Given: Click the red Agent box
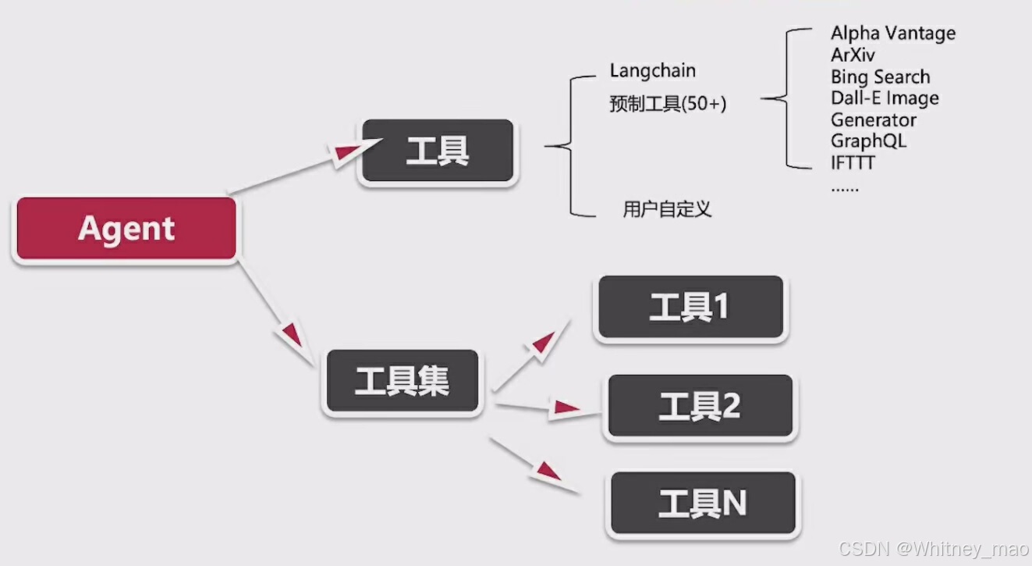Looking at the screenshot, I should pyautogui.click(x=126, y=229).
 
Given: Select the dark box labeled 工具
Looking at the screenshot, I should pyautogui.click(x=437, y=151).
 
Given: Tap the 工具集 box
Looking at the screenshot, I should pyautogui.click(x=402, y=382).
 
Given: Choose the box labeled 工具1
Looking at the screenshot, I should pyautogui.click(x=690, y=308).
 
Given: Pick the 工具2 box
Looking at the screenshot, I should pyautogui.click(x=699, y=406).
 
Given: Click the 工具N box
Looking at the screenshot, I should pyautogui.click(x=702, y=504).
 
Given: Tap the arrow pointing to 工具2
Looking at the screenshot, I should pyautogui.click(x=538, y=407).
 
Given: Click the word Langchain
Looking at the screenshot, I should pyautogui.click(x=652, y=71).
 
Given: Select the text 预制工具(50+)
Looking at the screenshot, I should pyautogui.click(x=668, y=104).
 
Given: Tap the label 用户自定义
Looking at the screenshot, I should pyautogui.click(x=667, y=209).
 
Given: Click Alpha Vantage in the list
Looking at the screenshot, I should pyautogui.click(x=892, y=34).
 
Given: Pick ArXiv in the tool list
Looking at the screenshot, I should pyautogui.click(x=853, y=55).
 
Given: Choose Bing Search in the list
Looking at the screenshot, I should pyautogui.click(x=880, y=77).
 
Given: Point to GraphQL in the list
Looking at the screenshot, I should pyautogui.click(x=868, y=141).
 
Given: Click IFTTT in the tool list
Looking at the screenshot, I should pyautogui.click(x=853, y=163).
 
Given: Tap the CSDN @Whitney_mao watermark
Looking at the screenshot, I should pyautogui.click(x=933, y=549).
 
